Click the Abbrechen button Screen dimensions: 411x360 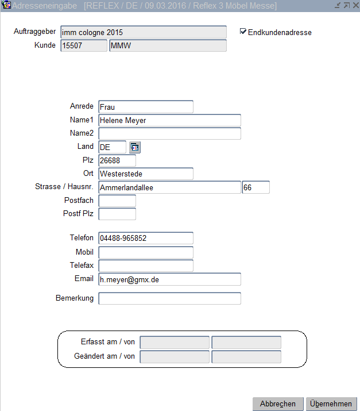278,404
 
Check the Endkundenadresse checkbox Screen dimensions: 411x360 243,32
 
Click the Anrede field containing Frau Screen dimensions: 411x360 146,107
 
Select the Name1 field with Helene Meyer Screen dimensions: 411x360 169,120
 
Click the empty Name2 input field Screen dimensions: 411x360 169,134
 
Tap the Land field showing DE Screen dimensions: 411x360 112,147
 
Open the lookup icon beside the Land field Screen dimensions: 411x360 134,147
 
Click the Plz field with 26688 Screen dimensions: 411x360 117,160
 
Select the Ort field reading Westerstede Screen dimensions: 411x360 146,174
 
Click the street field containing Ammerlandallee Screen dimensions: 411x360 169,187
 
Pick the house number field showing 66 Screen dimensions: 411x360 256,187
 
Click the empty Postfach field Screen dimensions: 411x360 117,201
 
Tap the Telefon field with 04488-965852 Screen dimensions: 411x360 146,238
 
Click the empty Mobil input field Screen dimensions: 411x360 146,252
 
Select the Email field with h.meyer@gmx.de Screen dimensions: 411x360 169,279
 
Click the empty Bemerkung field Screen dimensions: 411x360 169,298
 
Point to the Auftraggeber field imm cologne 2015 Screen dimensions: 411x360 143,33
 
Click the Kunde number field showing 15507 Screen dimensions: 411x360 83,45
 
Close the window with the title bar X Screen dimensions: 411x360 354,5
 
